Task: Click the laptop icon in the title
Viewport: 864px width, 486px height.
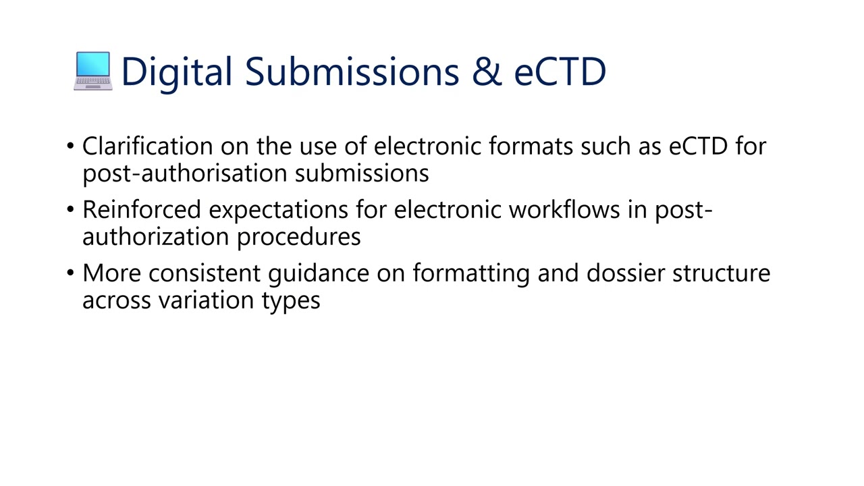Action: pos(92,71)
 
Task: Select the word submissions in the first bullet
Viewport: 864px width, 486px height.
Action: pos(362,173)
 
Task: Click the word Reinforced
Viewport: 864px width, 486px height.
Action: pos(142,210)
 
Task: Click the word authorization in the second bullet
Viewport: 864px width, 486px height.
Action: pos(156,237)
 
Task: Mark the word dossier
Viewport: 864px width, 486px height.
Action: pos(626,273)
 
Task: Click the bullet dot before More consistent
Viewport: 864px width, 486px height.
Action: pos(71,273)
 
